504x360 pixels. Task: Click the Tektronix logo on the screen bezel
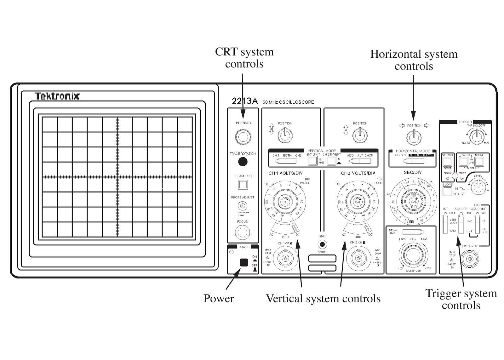tap(57, 96)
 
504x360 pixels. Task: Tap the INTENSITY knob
tap(243, 137)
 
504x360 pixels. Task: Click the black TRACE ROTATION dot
tap(243, 162)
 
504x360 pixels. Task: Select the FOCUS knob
tap(242, 232)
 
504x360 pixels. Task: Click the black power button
tap(244, 262)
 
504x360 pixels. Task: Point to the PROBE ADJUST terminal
tap(243, 206)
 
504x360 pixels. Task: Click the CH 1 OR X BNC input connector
tap(285, 258)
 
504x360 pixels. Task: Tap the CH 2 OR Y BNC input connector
tap(358, 258)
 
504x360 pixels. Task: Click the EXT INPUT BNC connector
tap(469, 259)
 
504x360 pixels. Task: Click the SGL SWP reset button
tap(447, 162)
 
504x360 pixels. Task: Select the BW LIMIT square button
tap(312, 161)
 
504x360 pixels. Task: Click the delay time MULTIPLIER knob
tap(413, 255)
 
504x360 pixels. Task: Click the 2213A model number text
tap(244, 101)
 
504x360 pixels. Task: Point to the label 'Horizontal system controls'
tap(414, 60)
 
